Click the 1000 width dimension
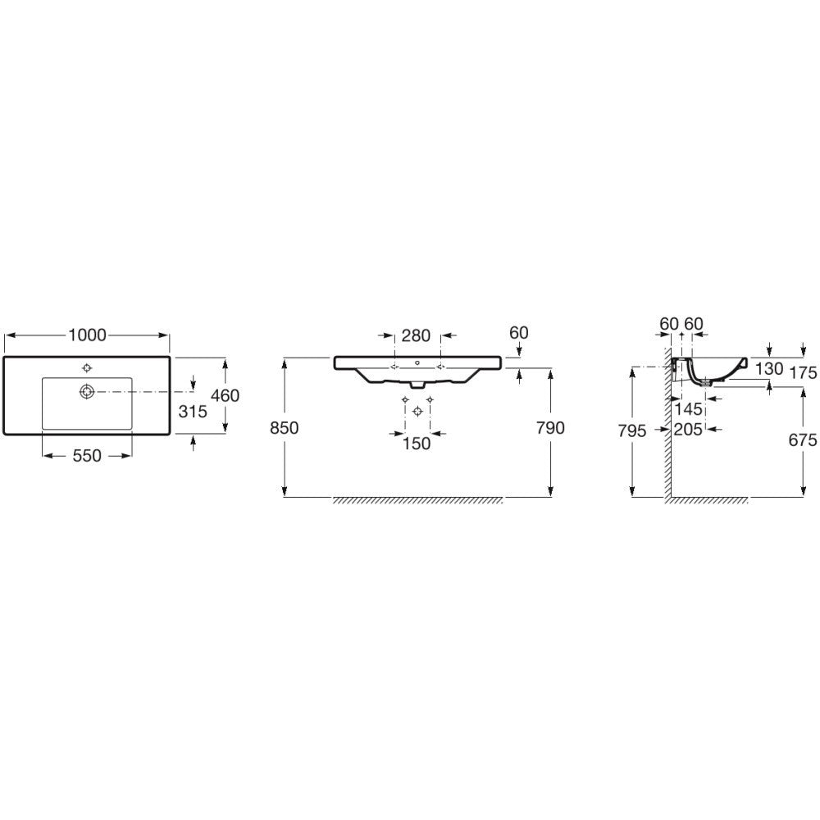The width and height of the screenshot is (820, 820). click(x=88, y=335)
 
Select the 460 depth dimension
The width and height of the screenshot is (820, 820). click(x=225, y=395)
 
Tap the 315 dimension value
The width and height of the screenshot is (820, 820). click(x=193, y=412)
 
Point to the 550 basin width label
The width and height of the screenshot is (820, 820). click(x=87, y=456)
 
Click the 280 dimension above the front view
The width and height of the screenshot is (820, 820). click(x=417, y=335)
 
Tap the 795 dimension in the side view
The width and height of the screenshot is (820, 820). click(x=633, y=430)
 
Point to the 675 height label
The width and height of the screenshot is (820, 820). click(x=803, y=440)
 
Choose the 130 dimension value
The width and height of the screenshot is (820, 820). click(x=769, y=369)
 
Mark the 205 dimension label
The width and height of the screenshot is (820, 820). click(x=689, y=430)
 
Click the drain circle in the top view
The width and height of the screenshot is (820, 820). click(x=86, y=392)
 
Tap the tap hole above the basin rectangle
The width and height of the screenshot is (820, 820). click(x=86, y=367)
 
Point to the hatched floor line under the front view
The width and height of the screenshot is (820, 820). click(x=417, y=500)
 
